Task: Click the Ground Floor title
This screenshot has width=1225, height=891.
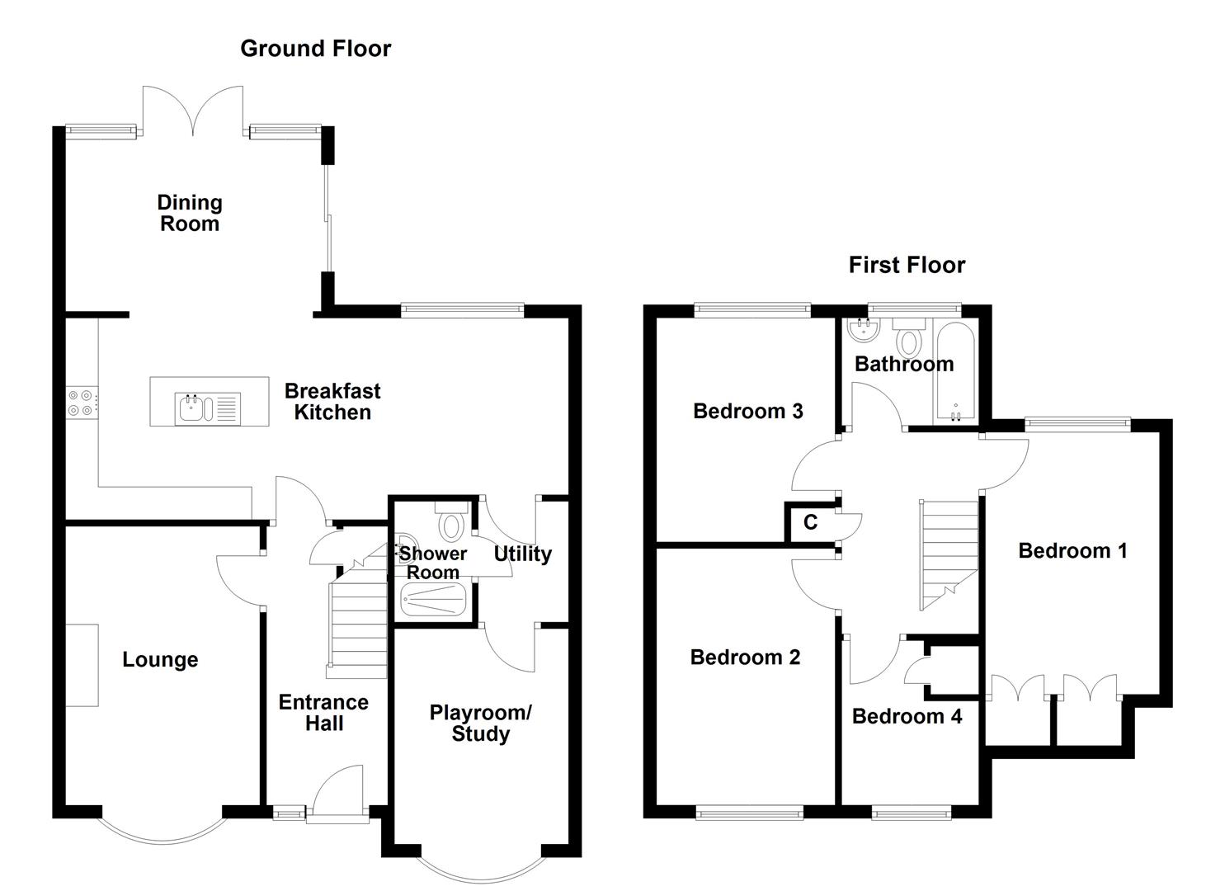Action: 315,49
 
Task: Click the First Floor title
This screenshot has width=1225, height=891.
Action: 907,265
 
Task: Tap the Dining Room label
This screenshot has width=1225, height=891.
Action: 190,213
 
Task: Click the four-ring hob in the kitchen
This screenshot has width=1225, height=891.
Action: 81,403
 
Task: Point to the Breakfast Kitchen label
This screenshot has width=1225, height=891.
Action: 332,402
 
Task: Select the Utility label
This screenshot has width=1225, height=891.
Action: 522,554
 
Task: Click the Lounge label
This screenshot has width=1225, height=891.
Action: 160,660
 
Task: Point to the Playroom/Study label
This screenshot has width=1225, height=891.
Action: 481,724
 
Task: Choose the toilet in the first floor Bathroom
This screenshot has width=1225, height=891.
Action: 910,338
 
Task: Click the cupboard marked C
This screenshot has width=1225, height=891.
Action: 810,522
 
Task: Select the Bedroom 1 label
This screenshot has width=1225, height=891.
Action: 1072,551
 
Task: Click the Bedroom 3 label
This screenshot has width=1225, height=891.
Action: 747,411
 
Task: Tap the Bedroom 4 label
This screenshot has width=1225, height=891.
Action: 907,716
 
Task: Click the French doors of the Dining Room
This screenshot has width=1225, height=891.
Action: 193,111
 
